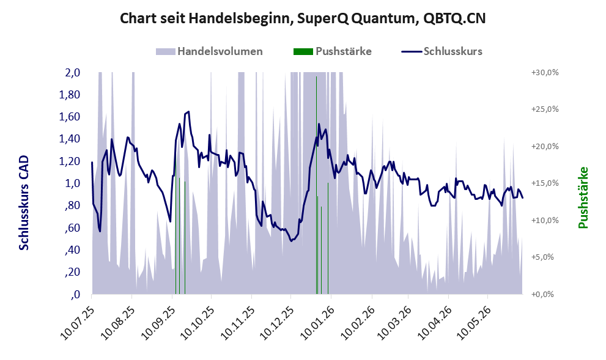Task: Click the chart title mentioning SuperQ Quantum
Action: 303,18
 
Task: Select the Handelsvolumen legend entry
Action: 209,51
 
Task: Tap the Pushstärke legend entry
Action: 333,51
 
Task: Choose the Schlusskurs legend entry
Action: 442,51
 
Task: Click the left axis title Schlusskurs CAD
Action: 24,203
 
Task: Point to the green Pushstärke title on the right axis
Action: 583,197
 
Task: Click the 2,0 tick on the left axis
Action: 72,73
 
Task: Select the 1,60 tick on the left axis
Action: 69,117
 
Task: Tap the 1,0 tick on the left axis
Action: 72,183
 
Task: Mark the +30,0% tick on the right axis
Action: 545,73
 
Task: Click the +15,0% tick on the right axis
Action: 545,183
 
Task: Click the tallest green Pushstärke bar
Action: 317,185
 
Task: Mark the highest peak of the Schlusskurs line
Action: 188,112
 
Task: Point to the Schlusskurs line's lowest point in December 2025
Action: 292,241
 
